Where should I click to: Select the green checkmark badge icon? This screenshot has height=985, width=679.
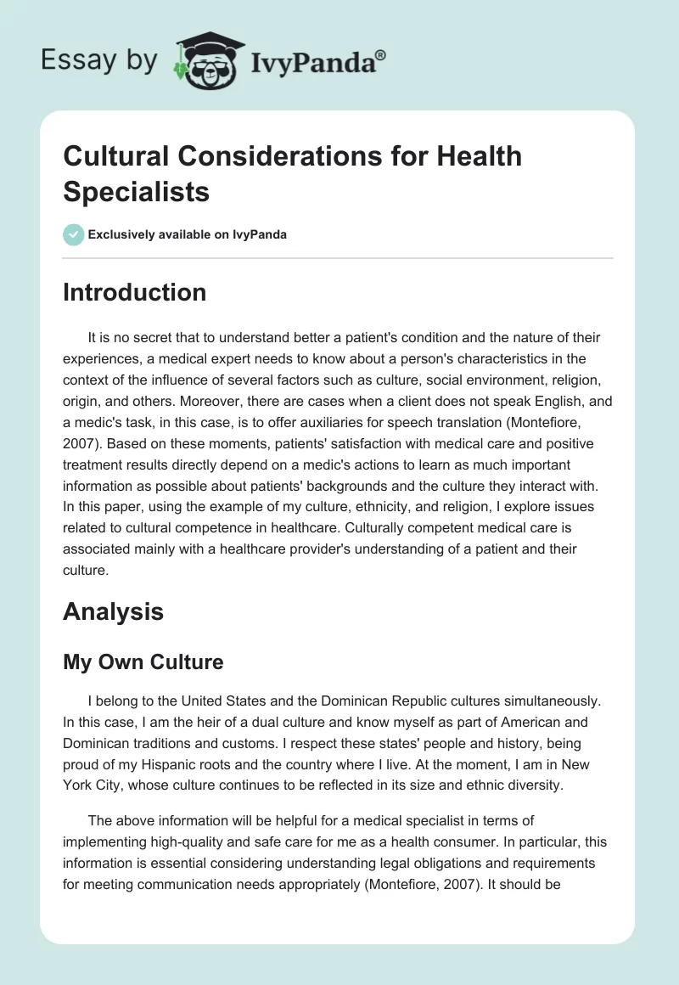(74, 234)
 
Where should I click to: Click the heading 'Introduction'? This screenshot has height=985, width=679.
(134, 292)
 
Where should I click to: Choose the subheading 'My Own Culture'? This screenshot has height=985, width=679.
(143, 662)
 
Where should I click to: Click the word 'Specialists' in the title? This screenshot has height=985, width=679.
(136, 192)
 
